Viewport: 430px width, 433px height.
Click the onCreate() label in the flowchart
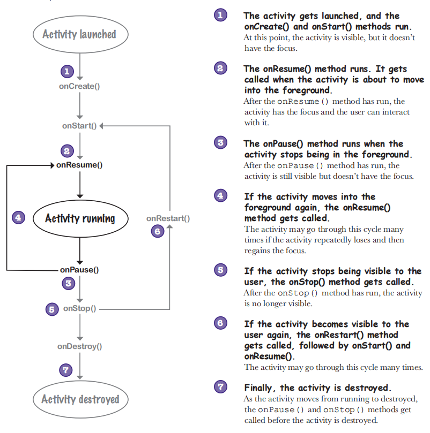tap(79, 86)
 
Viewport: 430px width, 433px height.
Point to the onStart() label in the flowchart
tap(79, 126)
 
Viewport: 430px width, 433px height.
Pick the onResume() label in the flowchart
tap(79, 165)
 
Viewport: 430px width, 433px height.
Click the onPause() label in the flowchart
tap(79, 270)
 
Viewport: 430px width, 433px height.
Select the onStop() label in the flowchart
tap(80, 308)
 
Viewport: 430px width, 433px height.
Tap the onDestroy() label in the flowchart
tap(80, 346)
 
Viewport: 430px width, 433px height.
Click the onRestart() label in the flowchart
tap(168, 218)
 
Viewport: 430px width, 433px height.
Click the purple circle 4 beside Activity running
tap(19, 218)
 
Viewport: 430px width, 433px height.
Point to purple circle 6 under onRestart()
tap(158, 231)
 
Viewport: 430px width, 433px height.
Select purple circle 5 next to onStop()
tap(52, 309)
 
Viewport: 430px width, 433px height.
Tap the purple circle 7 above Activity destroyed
tap(66, 370)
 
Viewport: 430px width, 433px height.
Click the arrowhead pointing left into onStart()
tap(101, 126)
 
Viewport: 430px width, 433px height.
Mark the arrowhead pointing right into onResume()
tap(53, 165)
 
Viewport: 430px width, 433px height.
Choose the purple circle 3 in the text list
tap(220, 142)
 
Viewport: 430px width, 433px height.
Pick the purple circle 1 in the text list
tap(220, 15)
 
